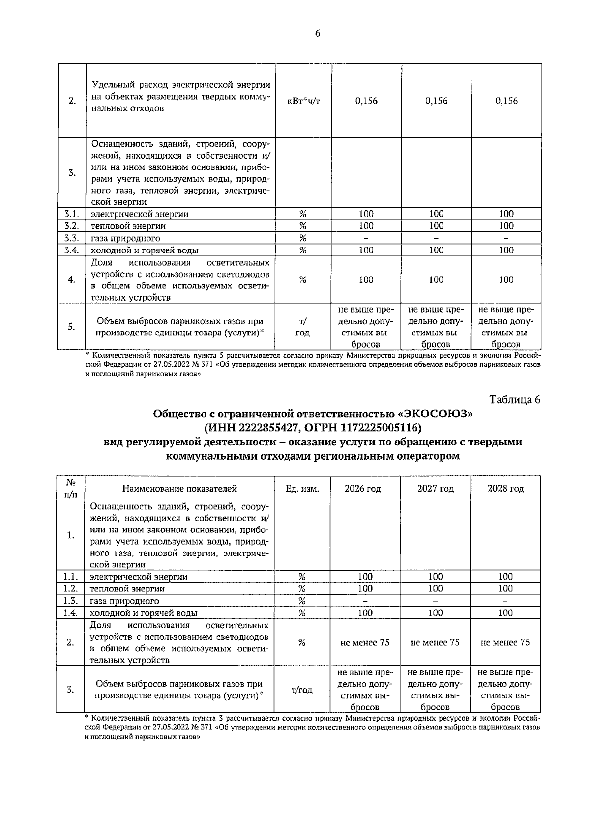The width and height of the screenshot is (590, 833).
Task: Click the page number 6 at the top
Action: click(317, 33)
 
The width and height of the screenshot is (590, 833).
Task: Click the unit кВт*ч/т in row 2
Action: click(303, 101)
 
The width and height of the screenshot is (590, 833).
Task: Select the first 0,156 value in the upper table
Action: click(366, 101)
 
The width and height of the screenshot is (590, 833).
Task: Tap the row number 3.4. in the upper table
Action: click(71, 250)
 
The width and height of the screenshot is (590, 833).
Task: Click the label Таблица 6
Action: click(515, 399)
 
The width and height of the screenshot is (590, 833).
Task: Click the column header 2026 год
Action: click(363, 489)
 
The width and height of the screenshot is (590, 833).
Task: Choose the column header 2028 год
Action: click(505, 489)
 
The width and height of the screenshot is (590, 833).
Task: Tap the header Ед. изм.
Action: click(302, 489)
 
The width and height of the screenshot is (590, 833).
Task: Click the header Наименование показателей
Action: click(179, 489)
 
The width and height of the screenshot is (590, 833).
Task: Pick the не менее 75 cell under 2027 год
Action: click(435, 642)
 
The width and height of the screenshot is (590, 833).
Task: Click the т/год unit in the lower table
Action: click(302, 690)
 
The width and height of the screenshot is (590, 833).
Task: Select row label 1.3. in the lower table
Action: click(71, 601)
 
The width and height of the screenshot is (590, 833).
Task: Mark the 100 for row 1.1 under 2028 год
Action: click(505, 577)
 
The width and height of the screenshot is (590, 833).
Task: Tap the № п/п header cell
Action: click(71, 489)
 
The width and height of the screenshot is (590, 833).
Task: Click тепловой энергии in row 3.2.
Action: click(128, 226)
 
